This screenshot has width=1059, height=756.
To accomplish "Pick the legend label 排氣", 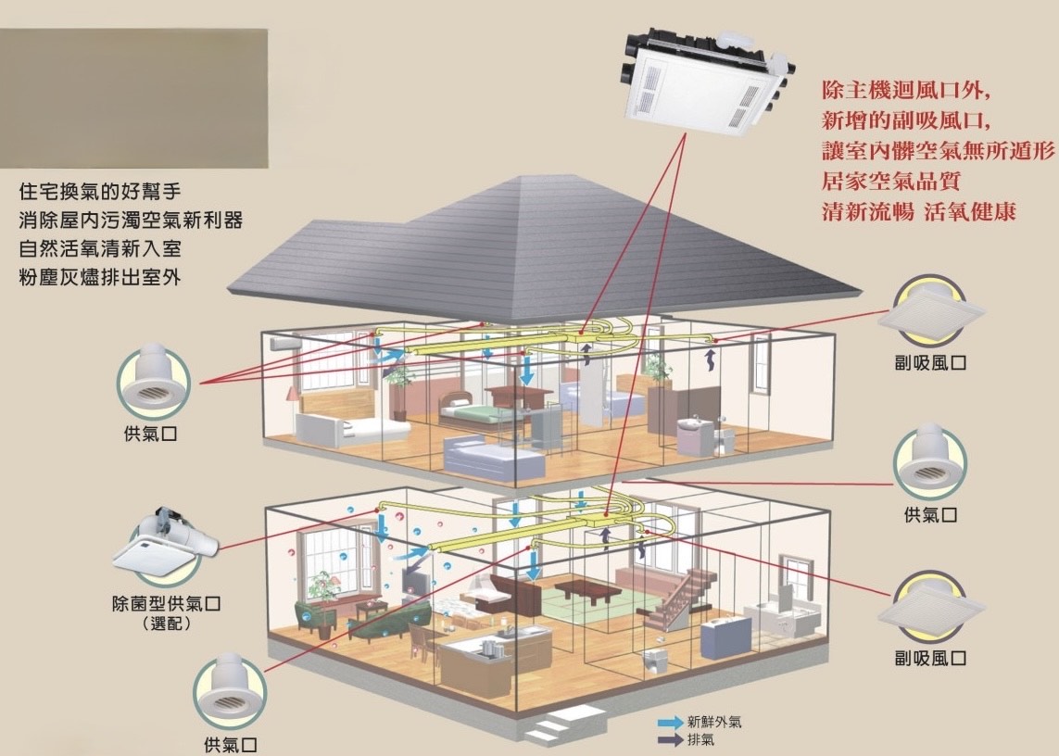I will coord(700,740).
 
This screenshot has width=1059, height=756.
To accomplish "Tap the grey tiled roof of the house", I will coord(463,250).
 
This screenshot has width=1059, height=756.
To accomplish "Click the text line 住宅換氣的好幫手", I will coord(99,193).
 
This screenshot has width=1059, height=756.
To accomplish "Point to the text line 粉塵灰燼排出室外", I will coord(99,277).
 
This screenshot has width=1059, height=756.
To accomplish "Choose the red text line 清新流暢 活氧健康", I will coord(918,210).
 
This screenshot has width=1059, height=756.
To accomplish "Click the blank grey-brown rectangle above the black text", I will coord(133,97).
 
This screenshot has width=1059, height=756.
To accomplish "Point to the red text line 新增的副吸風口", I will coord(907,120).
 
